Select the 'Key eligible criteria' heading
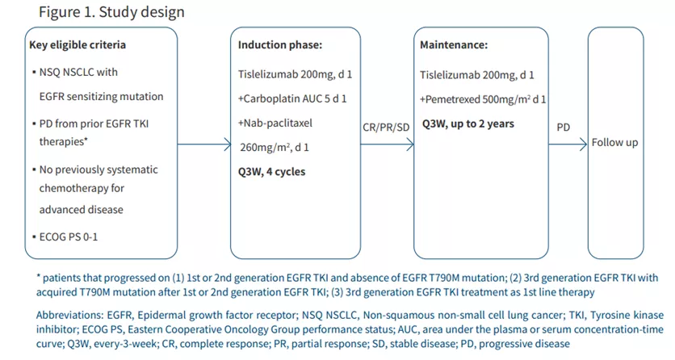[77, 45]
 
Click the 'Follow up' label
[615, 143]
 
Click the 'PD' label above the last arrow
[564, 128]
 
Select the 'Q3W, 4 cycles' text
[271, 172]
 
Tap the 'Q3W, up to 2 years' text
[468, 124]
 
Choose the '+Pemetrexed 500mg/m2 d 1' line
[483, 100]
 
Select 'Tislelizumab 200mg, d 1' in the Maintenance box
[477, 76]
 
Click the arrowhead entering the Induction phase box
[227, 144]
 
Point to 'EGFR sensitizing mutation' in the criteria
[101, 97]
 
